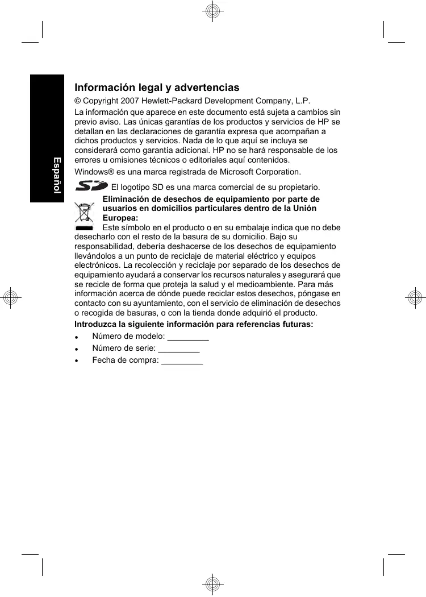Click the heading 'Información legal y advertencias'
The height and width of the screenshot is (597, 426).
pyautogui.click(x=157, y=88)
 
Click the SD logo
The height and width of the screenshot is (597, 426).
pyautogui.click(x=91, y=186)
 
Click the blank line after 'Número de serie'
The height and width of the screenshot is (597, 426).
pyautogui.click(x=178, y=350)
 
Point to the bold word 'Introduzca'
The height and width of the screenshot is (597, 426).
pyautogui.click(x=95, y=325)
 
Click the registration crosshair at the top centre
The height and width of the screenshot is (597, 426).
pyautogui.click(x=212, y=11)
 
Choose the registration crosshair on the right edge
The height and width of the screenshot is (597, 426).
pyautogui.click(x=415, y=298)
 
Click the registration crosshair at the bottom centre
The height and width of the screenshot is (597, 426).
pyautogui.click(x=212, y=584)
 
